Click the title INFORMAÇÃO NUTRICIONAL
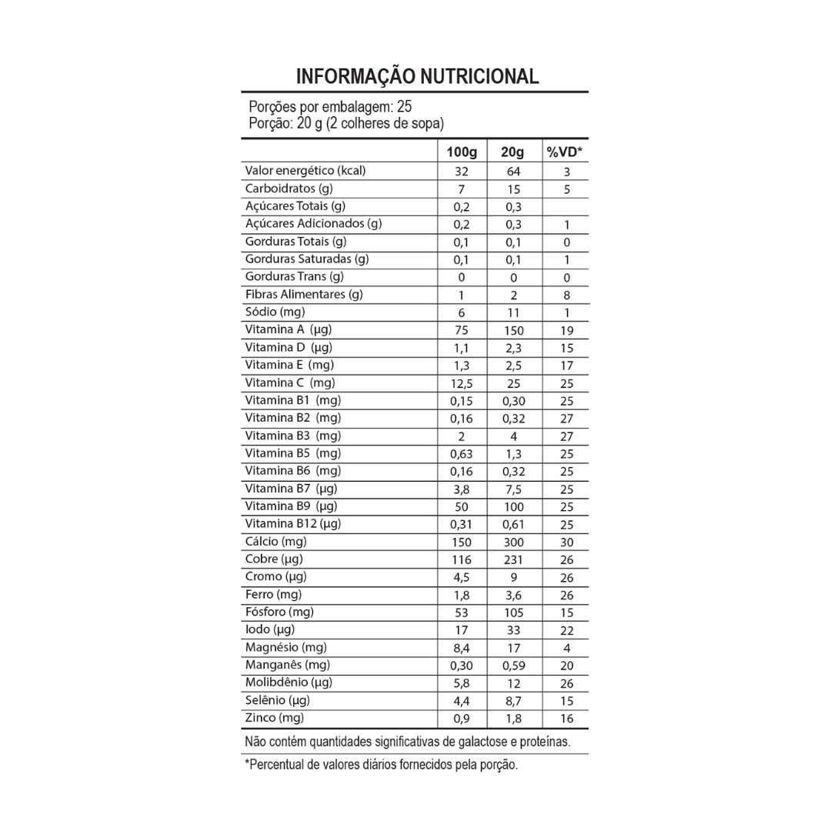(417, 76)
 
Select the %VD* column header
(564, 152)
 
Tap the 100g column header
(462, 152)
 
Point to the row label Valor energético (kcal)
(305, 171)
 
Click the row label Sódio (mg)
(275, 312)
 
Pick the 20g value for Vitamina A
(513, 330)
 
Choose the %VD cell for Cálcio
(567, 542)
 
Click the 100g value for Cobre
(462, 560)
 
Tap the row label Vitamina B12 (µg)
(293, 524)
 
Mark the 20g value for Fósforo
(513, 613)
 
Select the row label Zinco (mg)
(275, 718)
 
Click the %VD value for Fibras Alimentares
(567, 295)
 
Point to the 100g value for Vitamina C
(462, 383)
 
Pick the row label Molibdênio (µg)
(289, 682)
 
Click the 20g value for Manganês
(513, 666)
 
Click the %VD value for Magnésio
(567, 649)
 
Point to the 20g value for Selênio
(513, 702)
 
